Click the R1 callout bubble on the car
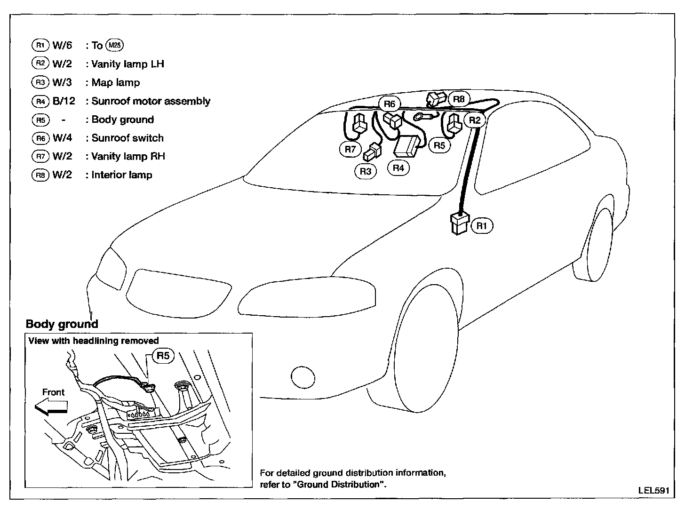(482, 226)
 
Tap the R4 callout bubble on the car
(398, 167)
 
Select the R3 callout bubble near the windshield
(365, 171)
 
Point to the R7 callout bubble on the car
(350, 150)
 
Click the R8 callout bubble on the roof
(459, 99)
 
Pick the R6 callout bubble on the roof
(390, 104)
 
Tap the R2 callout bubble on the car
(475, 120)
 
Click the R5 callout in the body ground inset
(163, 356)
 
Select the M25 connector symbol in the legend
(114, 45)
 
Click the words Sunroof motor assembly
(151, 101)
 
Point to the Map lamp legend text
(116, 83)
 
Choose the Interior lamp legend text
(122, 175)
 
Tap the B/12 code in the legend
(64, 101)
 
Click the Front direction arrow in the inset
(51, 406)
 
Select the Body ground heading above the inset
(62, 324)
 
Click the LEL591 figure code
(653, 490)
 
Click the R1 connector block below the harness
(460, 223)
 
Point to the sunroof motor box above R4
(406, 146)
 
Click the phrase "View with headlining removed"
(94, 341)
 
